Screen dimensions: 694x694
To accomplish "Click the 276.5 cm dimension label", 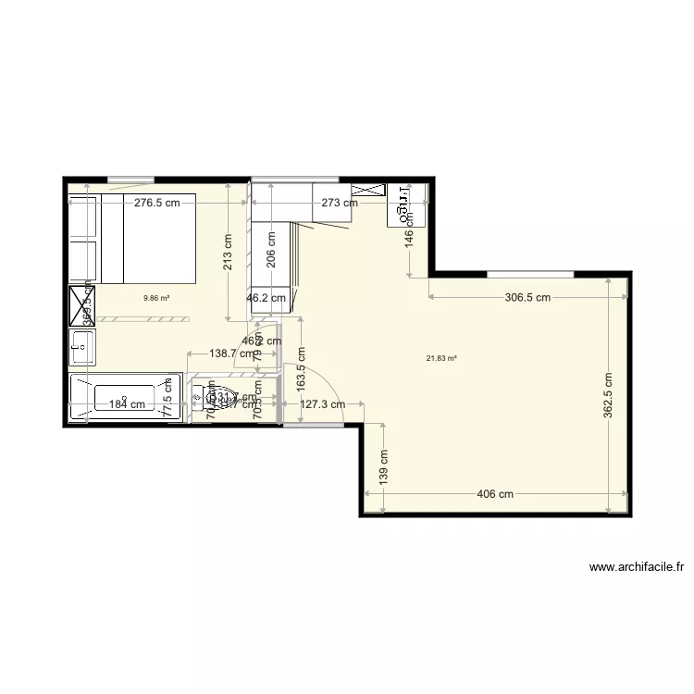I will pos(156,203).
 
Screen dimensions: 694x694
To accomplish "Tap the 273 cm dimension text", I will pos(339,203).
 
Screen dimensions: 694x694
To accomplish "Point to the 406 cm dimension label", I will pos(495,494).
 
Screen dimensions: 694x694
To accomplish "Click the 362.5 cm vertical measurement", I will pos(608,396).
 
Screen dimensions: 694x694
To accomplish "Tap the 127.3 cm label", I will pos(322,403).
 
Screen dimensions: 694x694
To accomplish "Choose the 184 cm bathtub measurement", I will pos(127,403).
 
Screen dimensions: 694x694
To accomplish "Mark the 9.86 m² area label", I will pos(155,299).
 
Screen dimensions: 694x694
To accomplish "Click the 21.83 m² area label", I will pos(441,359).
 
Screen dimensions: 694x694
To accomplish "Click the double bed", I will pos(148,238).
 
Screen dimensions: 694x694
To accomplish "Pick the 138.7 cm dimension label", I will pos(221,353).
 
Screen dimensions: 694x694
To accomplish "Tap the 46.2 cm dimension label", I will pos(266,299).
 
